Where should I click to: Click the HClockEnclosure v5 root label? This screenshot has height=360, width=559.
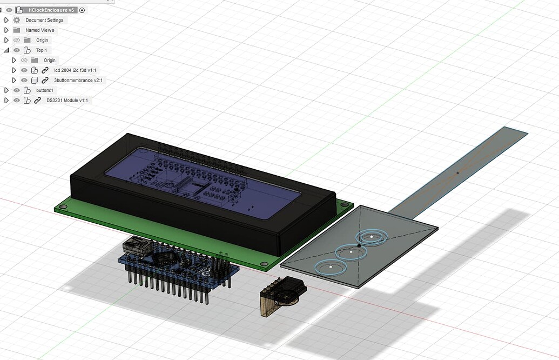[51, 10]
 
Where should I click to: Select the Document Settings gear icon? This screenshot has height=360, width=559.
[17, 20]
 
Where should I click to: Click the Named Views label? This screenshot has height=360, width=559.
[39, 30]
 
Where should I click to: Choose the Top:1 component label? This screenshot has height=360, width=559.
[42, 50]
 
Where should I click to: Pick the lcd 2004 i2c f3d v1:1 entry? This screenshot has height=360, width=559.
[76, 70]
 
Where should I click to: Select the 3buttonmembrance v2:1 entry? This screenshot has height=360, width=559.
[78, 80]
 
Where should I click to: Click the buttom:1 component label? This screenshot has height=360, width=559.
[44, 90]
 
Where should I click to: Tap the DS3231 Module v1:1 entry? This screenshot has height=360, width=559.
[66, 101]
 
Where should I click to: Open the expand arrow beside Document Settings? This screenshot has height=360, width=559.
[6, 20]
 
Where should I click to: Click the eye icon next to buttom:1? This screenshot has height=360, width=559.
[17, 90]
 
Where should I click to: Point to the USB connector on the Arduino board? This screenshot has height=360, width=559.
[135, 246]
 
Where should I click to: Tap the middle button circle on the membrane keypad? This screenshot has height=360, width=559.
[351, 251]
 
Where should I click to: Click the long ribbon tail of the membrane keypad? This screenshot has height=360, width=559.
[459, 170]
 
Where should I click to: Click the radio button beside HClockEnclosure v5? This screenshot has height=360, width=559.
[82, 10]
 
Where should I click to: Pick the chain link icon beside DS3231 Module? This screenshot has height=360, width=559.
[37, 101]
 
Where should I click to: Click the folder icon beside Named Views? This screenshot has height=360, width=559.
[17, 30]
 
